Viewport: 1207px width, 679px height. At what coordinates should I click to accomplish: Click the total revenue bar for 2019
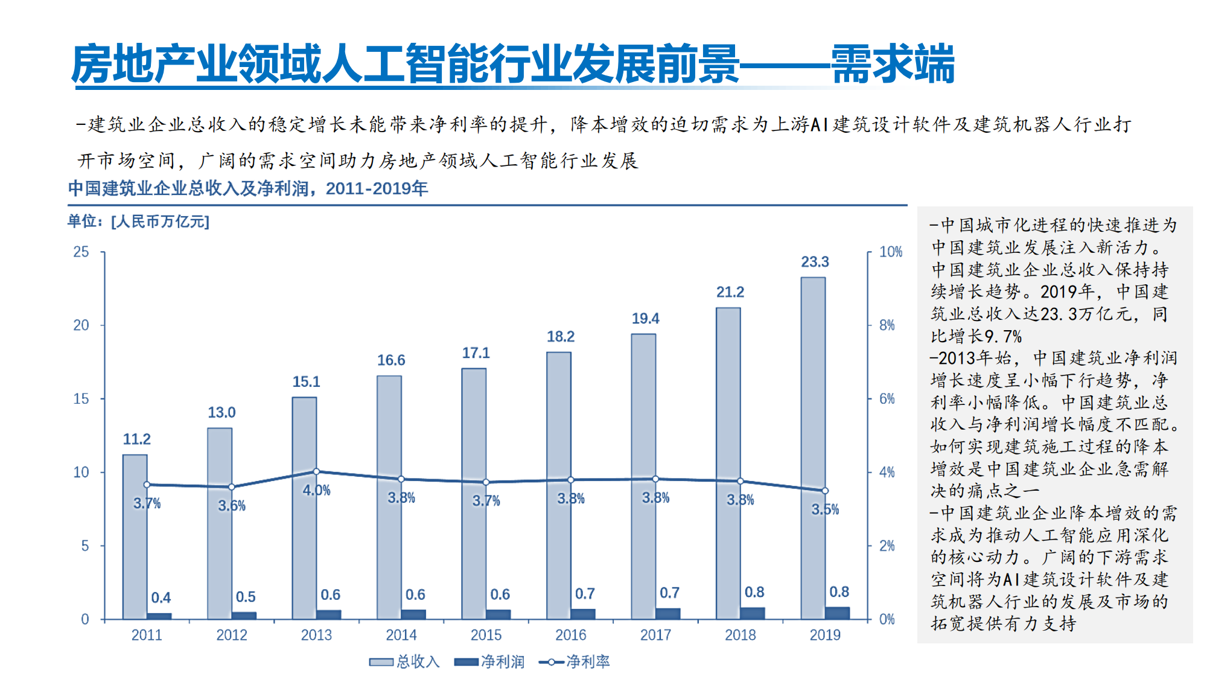click(813, 447)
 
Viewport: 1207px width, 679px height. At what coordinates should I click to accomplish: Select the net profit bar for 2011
click(159, 616)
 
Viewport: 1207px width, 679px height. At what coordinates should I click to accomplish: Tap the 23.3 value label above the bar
click(815, 262)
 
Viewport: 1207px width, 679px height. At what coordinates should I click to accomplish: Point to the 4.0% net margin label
click(316, 490)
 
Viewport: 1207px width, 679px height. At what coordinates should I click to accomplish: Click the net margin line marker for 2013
click(316, 471)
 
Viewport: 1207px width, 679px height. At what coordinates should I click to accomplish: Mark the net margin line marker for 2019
click(825, 491)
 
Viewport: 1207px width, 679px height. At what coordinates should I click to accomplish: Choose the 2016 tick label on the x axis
click(570, 635)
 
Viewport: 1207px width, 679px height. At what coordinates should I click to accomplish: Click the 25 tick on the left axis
click(81, 252)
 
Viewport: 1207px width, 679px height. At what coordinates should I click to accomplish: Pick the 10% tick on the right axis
click(890, 252)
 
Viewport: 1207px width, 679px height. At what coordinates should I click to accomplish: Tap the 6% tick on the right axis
click(887, 399)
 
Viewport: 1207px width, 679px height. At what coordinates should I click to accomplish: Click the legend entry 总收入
click(404, 661)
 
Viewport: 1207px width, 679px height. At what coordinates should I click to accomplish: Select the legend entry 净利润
click(489, 661)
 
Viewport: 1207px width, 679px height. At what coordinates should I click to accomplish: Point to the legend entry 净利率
click(575, 661)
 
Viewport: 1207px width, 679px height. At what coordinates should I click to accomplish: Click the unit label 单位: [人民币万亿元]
click(138, 222)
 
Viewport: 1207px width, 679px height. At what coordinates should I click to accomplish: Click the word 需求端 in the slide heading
click(893, 64)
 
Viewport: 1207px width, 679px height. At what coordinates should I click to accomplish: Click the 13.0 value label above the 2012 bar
click(221, 412)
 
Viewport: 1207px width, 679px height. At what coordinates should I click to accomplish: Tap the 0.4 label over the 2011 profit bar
click(161, 598)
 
